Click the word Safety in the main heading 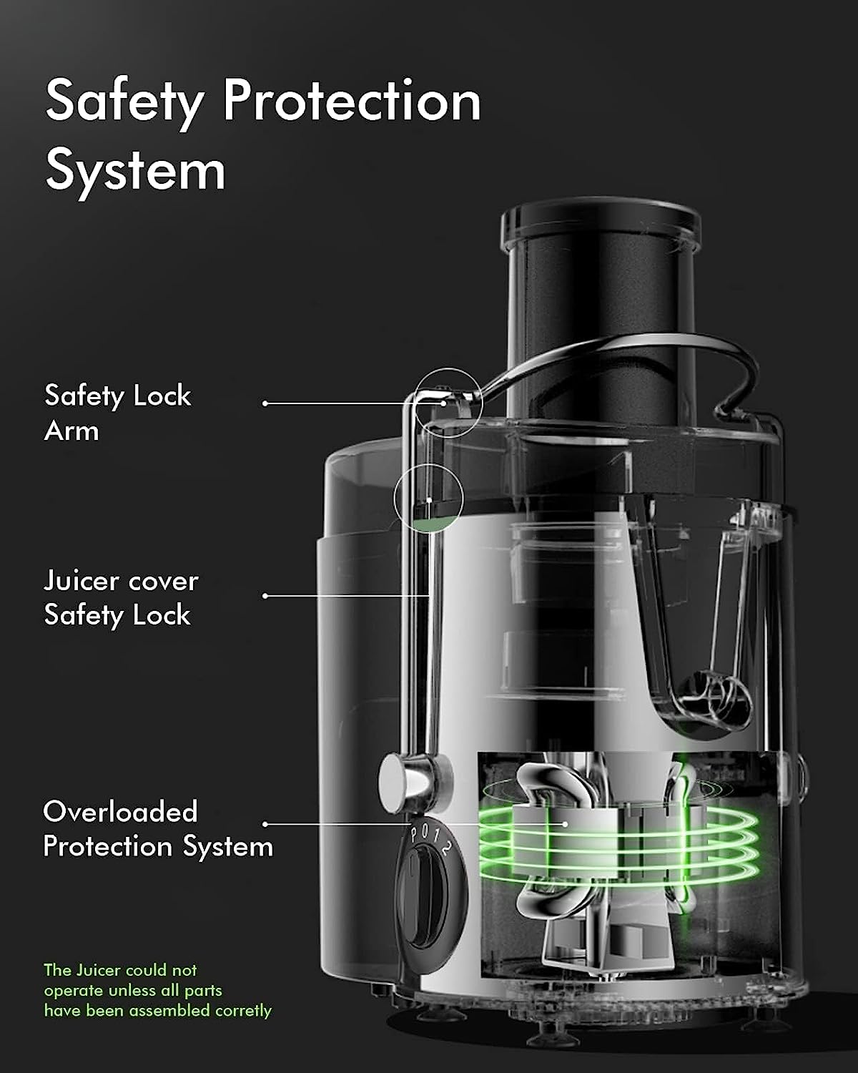pos(124,103)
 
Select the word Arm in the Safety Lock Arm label pos(71,431)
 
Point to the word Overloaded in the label pos(120,812)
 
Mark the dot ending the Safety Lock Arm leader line pos(265,403)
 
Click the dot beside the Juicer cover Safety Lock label pos(265,596)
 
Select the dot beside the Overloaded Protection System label pos(265,824)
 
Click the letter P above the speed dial pos(414,833)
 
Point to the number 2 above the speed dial pos(446,847)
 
